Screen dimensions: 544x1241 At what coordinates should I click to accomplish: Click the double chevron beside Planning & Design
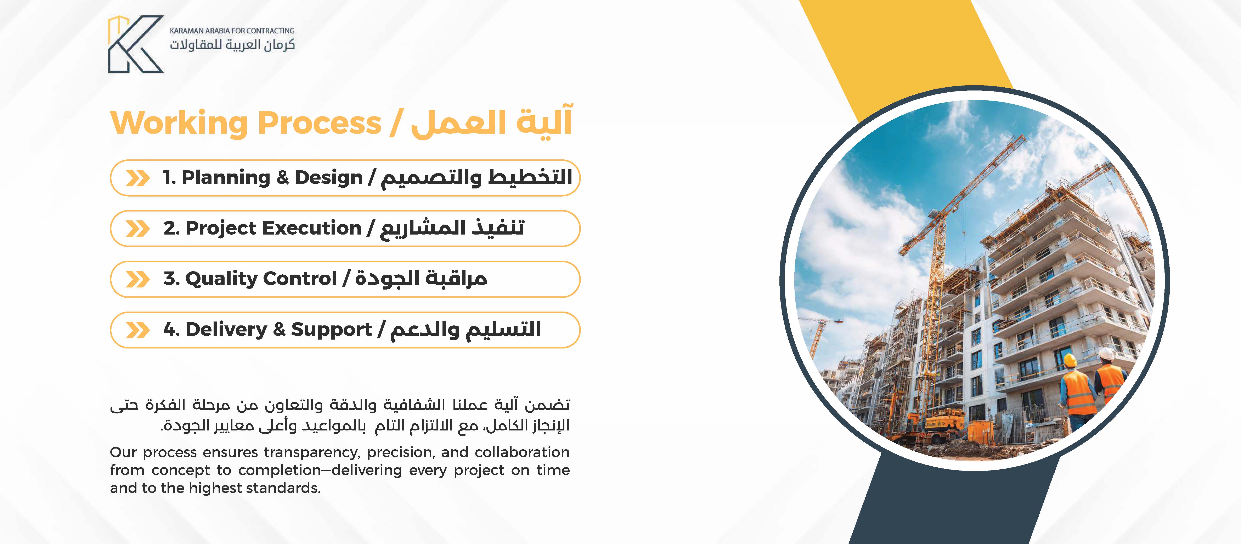tap(137, 178)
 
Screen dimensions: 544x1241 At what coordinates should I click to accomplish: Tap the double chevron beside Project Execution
tap(137, 229)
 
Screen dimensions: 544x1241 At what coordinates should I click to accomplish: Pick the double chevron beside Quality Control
tap(137, 279)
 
